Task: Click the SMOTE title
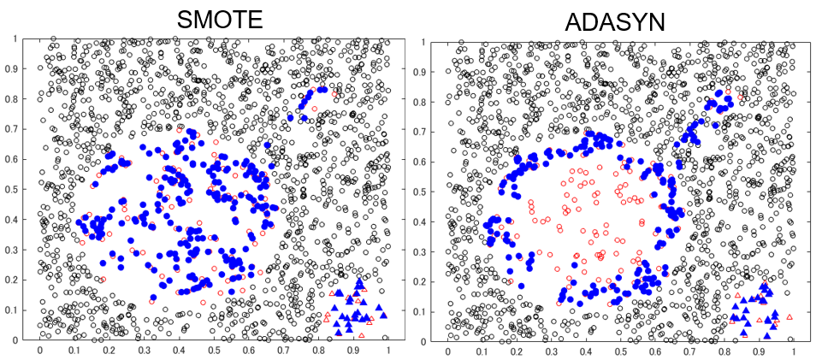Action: click(221, 19)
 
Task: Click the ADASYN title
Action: click(617, 21)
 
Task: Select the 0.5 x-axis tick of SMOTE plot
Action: click(214, 350)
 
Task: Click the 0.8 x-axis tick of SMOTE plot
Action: click(318, 350)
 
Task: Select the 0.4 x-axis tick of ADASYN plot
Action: click(586, 350)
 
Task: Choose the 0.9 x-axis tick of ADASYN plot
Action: click(759, 350)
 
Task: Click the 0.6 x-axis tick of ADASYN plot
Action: click(655, 350)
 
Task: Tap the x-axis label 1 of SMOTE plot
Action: click(388, 350)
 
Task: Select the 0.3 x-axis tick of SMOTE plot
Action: click(144, 350)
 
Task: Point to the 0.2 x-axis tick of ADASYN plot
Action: click(517, 350)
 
